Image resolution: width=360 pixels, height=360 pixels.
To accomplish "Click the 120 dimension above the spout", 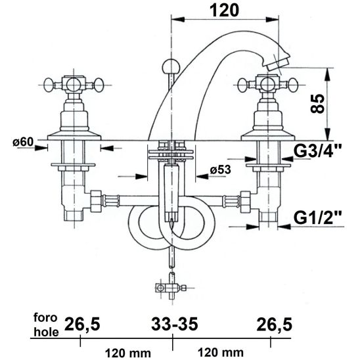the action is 224,11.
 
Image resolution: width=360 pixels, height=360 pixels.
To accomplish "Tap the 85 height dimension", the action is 317,104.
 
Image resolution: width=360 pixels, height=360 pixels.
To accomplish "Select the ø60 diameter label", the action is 23,142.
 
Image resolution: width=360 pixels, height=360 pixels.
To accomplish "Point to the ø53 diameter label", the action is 221,170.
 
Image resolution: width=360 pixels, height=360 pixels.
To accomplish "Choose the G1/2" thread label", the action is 317,217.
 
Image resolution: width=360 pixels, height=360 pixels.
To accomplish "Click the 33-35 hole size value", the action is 175,324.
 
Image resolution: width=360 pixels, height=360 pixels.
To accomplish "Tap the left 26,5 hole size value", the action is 82,325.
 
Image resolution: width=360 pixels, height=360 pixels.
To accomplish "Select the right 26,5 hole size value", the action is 275,325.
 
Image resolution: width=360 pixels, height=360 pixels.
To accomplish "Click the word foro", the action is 45,317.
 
